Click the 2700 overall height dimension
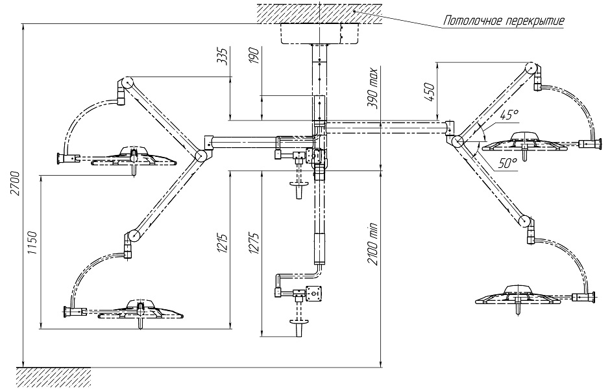click(x=16, y=183)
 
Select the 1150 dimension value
click(x=32, y=243)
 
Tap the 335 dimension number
click(x=223, y=56)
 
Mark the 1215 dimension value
click(x=223, y=244)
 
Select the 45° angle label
click(x=509, y=115)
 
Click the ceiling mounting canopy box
click(x=319, y=34)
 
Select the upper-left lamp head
click(x=134, y=157)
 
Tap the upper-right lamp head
click(x=526, y=142)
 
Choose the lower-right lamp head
click(x=517, y=296)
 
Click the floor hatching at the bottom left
click(x=54, y=377)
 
